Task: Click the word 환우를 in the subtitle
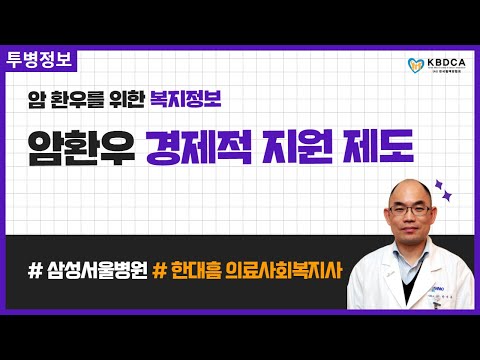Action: pos(82,99)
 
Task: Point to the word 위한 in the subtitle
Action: pos(126,99)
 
